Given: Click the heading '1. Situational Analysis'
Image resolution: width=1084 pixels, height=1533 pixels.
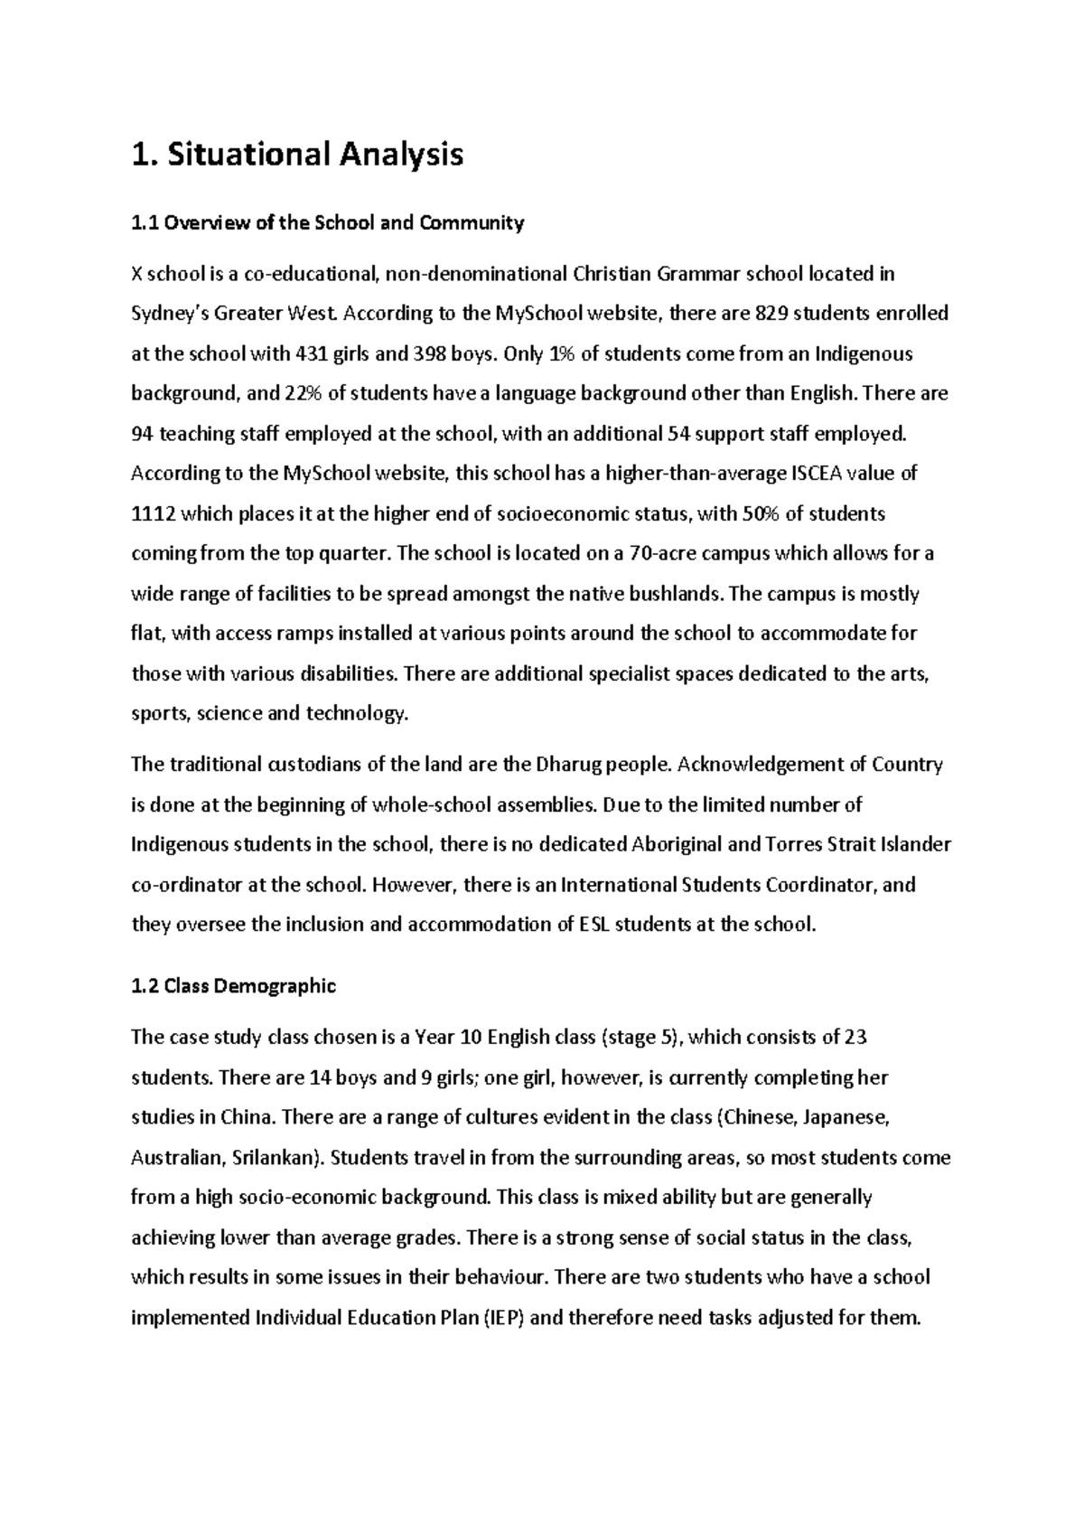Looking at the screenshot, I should pos(297,155).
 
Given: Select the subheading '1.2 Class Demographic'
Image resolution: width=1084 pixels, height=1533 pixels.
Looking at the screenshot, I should pos(233,986).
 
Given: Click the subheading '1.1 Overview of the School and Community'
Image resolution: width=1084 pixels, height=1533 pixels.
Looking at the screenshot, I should pos(327,223).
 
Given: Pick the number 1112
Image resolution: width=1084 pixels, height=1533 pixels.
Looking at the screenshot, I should pos(152,514).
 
